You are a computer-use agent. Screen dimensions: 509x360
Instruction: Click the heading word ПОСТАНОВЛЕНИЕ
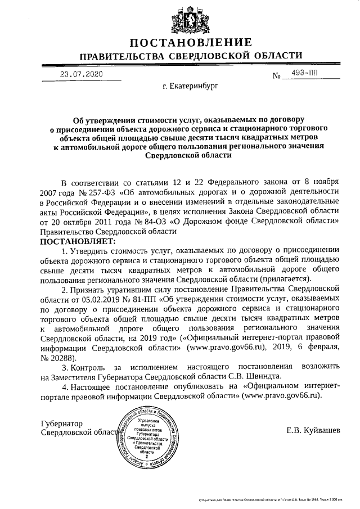(191, 43)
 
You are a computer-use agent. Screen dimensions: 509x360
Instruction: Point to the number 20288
(62, 357)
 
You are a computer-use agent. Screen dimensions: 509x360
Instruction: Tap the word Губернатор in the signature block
(62, 423)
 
